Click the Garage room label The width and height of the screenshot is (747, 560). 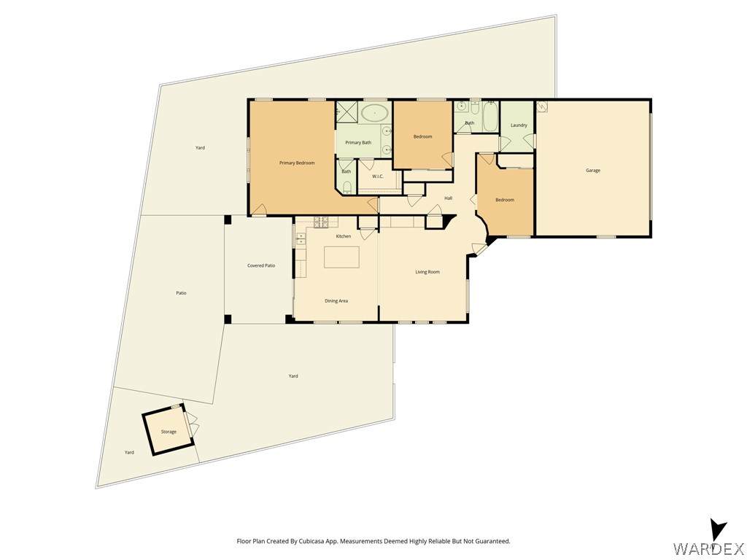click(592, 171)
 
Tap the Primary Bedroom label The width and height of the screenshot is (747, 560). click(297, 163)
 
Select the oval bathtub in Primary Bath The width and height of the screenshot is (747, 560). click(374, 113)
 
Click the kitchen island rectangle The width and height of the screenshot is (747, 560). click(341, 257)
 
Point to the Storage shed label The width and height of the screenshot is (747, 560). click(169, 432)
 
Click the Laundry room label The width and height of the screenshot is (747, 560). click(519, 125)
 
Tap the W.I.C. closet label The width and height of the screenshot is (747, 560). click(378, 176)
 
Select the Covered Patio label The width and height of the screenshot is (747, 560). click(261, 265)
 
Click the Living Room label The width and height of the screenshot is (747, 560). click(427, 272)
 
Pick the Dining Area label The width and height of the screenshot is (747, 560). click(336, 301)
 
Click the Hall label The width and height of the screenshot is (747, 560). click(449, 198)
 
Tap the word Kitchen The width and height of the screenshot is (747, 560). click(344, 236)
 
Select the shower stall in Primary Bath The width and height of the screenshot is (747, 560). click(347, 112)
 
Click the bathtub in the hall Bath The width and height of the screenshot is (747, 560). click(490, 116)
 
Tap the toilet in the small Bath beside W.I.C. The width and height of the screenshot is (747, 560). click(347, 187)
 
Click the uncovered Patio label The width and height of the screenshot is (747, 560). click(181, 293)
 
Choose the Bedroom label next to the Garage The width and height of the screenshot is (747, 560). click(505, 200)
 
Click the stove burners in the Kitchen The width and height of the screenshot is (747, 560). click(322, 221)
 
